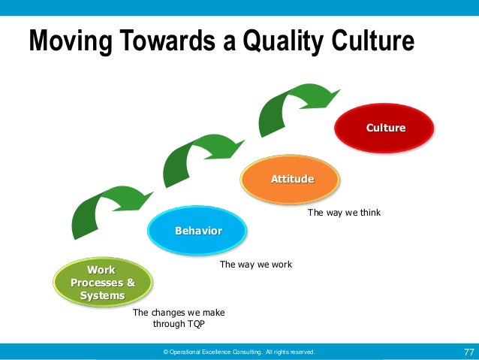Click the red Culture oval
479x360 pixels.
coord(385,128)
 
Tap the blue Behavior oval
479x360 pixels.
coord(197,230)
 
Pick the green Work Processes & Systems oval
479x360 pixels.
coord(102,283)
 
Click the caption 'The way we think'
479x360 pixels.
coord(344,213)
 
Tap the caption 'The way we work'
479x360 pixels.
coord(255,265)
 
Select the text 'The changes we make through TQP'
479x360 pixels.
coord(178,319)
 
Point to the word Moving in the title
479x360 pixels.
coord(63,41)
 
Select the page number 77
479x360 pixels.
coord(468,352)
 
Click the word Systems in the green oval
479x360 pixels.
coord(102,295)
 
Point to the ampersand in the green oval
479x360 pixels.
coord(130,283)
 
